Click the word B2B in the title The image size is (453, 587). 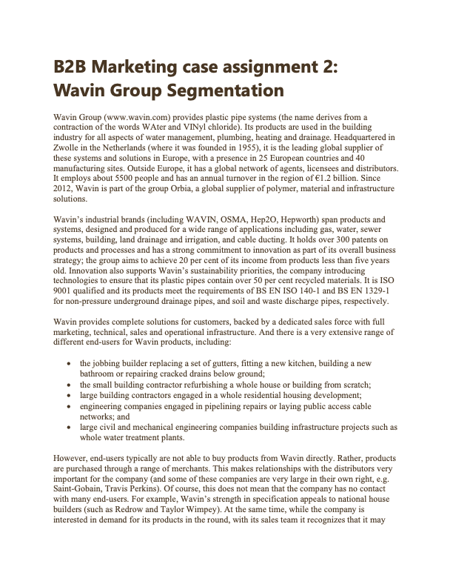click(x=71, y=67)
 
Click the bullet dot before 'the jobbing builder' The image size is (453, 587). click(x=69, y=364)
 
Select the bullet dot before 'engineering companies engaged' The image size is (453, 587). click(x=69, y=408)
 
